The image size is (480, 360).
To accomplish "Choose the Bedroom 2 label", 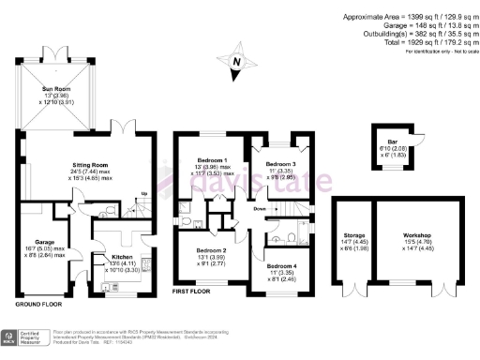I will click(x=212, y=250).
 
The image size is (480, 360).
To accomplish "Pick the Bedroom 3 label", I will click(x=280, y=163).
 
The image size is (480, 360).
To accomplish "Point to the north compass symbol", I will click(x=238, y=63).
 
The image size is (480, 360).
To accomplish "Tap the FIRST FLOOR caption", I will click(x=192, y=293).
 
